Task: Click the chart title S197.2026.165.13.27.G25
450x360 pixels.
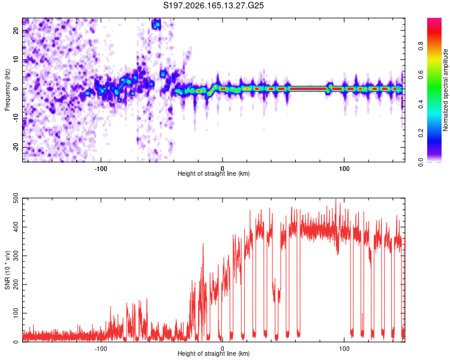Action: point(213,5)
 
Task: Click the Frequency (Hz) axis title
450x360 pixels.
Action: point(7,90)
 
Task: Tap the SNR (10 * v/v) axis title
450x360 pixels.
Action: point(7,270)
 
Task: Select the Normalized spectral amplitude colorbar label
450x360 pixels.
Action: point(445,90)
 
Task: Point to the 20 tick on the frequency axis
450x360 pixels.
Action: point(16,31)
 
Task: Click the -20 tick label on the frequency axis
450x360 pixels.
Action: point(16,147)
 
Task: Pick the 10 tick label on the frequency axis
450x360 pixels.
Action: point(16,59)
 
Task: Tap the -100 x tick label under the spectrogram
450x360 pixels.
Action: point(101,169)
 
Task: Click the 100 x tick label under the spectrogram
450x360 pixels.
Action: point(344,169)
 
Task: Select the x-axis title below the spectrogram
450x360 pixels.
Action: point(214,173)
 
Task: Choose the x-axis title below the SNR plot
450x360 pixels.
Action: point(214,353)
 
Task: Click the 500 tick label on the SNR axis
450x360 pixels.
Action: point(16,199)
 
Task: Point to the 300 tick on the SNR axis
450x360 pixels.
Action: point(16,256)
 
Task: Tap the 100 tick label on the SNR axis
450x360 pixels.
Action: point(16,313)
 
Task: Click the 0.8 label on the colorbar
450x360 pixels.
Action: point(421,46)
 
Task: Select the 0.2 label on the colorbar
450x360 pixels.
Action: point(421,133)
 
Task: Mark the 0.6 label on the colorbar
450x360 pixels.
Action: point(421,75)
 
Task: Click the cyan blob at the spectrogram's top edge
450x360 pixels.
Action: point(157,24)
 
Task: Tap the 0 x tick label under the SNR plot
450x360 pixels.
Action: point(222,349)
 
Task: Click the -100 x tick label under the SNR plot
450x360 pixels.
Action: point(101,349)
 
